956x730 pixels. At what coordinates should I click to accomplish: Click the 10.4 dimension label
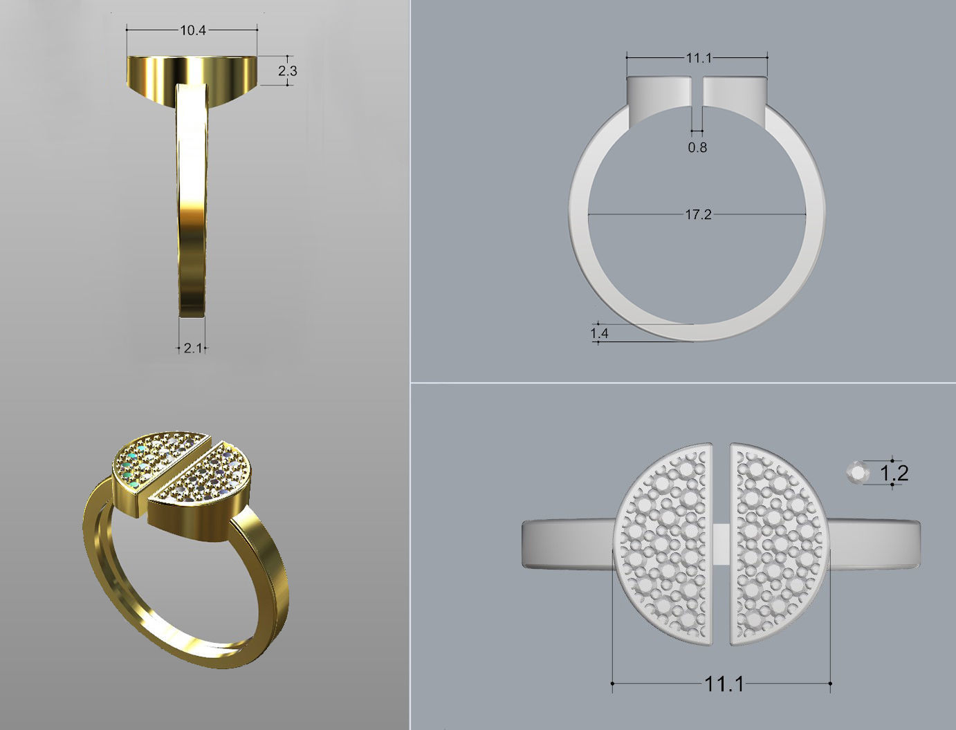(193, 30)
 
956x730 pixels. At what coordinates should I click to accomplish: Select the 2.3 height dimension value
(288, 71)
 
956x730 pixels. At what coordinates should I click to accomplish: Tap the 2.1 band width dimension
(192, 348)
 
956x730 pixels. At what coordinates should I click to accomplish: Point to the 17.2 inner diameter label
(698, 215)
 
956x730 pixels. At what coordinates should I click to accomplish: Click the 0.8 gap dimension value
(697, 147)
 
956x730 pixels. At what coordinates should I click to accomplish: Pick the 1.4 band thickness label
(599, 333)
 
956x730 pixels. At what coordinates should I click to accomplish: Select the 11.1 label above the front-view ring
(699, 58)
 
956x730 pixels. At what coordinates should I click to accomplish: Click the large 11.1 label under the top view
(724, 684)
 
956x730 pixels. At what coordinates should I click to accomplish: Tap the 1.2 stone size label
(893, 473)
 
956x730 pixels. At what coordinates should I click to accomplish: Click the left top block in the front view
(659, 92)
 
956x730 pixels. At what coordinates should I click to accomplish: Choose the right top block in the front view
(735, 92)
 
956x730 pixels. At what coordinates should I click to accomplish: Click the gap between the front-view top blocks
(697, 93)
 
